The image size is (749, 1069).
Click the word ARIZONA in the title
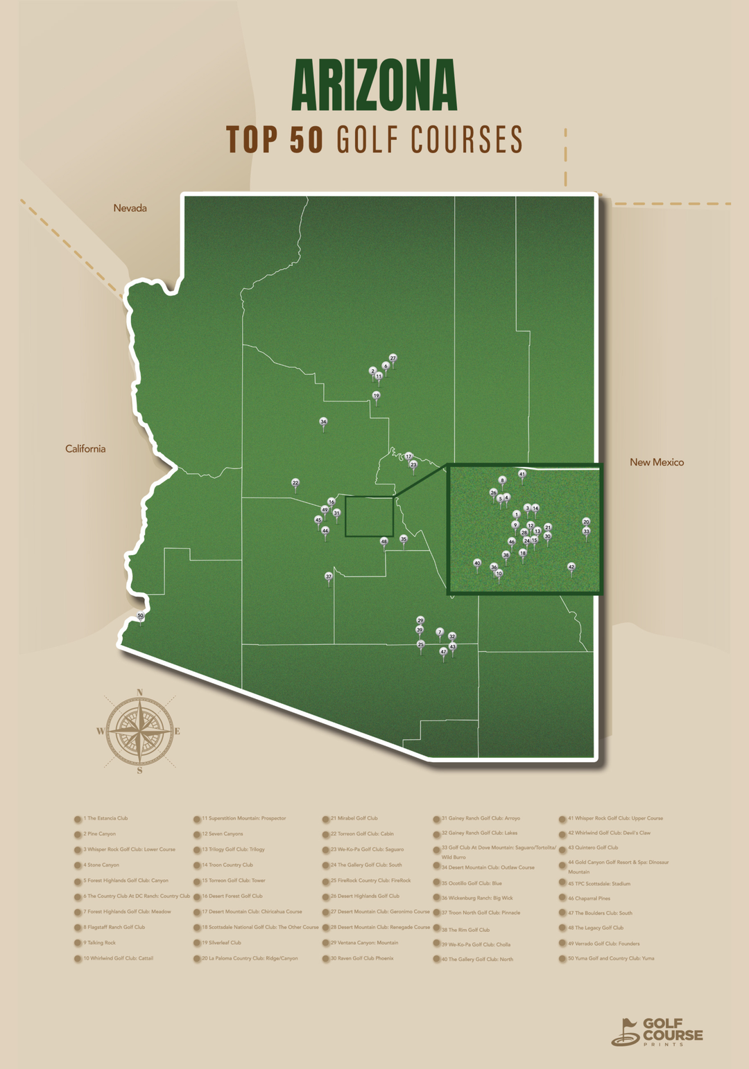click(374, 85)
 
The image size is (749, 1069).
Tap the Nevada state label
click(130, 208)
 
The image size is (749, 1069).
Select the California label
click(85, 449)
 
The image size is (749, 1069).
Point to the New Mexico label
click(656, 462)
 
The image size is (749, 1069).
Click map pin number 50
click(140, 616)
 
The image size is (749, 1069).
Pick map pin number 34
click(323, 422)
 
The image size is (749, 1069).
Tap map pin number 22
click(295, 483)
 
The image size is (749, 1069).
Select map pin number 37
click(329, 576)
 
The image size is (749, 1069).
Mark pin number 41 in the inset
click(522, 475)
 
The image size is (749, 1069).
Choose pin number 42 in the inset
click(571, 567)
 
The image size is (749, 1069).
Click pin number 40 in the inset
click(477, 563)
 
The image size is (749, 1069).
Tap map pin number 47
click(443, 651)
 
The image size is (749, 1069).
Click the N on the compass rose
click(140, 692)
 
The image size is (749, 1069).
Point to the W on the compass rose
click(100, 731)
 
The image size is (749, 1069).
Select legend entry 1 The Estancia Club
click(106, 818)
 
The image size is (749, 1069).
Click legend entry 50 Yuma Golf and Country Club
click(610, 958)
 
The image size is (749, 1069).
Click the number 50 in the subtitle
click(306, 140)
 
